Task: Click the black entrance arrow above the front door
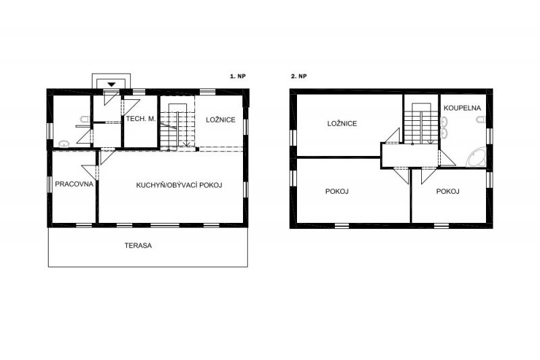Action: click(111, 84)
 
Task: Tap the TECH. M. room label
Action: click(141, 119)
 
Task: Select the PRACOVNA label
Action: click(74, 184)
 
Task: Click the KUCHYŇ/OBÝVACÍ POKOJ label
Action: click(179, 185)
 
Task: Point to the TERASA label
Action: click(138, 246)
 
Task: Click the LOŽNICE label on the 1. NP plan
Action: click(221, 120)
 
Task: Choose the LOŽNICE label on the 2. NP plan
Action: click(342, 124)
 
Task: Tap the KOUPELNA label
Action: click(462, 108)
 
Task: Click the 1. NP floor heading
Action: click(238, 76)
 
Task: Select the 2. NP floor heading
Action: click(298, 76)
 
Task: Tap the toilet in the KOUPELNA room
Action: click(481, 120)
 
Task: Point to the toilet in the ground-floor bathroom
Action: click(84, 119)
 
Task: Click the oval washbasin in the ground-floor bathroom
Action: click(63, 144)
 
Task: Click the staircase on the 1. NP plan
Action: click(178, 126)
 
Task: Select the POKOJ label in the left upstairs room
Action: click(337, 191)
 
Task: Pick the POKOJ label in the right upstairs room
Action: click(448, 191)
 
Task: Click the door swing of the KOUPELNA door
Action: click(448, 158)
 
